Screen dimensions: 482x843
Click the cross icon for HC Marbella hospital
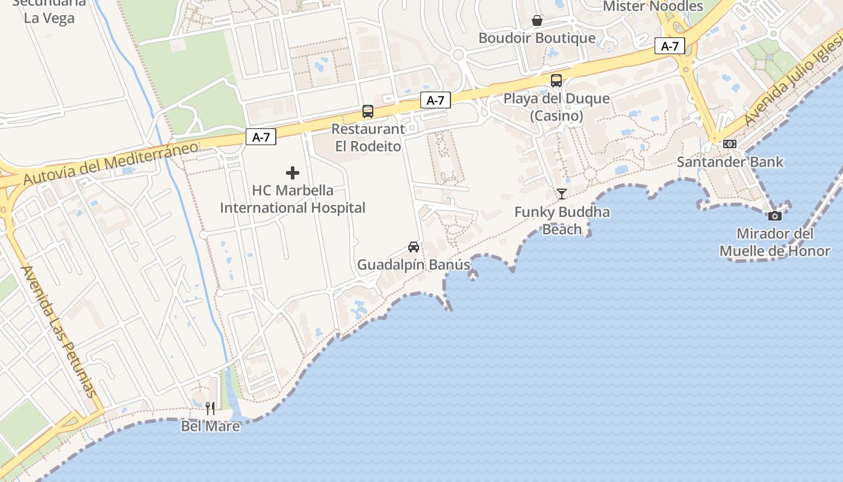click(293, 174)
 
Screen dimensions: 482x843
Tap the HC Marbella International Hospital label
click(293, 199)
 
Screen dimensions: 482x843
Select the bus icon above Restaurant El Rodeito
click(368, 111)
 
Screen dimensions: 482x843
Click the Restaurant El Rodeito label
click(368, 138)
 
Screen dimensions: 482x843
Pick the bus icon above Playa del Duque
click(556, 81)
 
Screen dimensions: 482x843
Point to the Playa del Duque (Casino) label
click(556, 107)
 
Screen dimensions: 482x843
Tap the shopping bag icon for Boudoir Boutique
click(537, 21)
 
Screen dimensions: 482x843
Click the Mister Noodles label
click(653, 7)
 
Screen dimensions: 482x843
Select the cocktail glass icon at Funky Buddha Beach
click(562, 193)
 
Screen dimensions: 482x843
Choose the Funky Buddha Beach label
click(562, 221)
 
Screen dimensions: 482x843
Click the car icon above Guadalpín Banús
click(414, 247)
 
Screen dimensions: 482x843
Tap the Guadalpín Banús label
click(414, 265)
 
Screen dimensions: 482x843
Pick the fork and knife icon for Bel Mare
click(210, 408)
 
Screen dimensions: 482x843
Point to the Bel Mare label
click(210, 427)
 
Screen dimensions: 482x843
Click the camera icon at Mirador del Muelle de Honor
click(775, 216)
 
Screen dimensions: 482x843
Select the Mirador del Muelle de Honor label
click(775, 242)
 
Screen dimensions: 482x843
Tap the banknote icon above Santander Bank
click(730, 144)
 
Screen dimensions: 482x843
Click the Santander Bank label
click(730, 162)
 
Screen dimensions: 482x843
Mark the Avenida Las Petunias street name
click(58, 331)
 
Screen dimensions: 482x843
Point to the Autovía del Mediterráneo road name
click(111, 163)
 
